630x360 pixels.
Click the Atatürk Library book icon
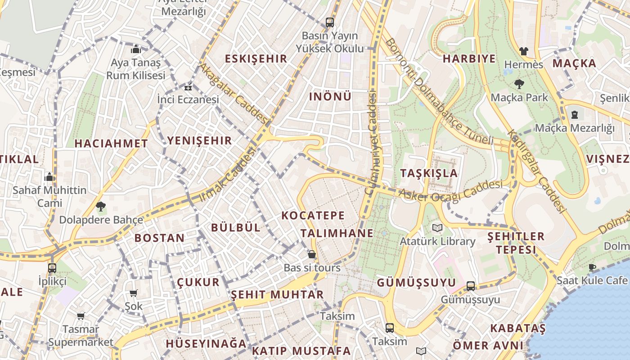[x=437, y=228]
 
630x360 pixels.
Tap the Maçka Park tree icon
[x=519, y=84]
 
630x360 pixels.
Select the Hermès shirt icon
[x=523, y=51]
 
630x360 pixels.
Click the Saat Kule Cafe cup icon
[x=592, y=267]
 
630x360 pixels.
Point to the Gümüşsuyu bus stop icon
[x=470, y=286]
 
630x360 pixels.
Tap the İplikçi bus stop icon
[x=52, y=268]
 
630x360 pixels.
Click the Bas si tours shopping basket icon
[x=311, y=255]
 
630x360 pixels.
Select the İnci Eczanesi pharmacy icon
[x=188, y=87]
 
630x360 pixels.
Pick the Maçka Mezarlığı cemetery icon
[x=575, y=115]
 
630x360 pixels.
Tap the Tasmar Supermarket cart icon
[x=81, y=316]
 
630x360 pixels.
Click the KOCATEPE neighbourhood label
[x=313, y=216]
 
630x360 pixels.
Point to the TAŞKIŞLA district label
[x=428, y=173]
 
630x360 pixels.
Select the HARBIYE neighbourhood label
[x=469, y=58]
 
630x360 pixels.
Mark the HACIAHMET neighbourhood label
[x=111, y=144]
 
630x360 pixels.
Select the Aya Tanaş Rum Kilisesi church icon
[x=135, y=49]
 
